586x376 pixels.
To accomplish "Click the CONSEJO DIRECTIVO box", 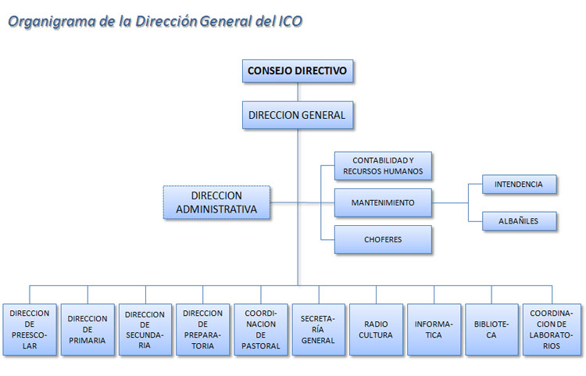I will [x=297, y=71].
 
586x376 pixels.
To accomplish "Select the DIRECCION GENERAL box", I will [x=297, y=115].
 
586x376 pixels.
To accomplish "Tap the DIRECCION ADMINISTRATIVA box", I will [x=216, y=202].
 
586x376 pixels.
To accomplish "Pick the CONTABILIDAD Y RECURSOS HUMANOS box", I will [x=383, y=165].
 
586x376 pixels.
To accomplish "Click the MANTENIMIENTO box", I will [x=383, y=202].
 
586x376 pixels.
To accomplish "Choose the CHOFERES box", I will [x=383, y=239].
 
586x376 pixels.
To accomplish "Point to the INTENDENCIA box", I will [x=519, y=184].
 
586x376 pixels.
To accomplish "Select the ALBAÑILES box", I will [x=519, y=221].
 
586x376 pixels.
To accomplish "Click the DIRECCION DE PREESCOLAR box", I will [x=30, y=330].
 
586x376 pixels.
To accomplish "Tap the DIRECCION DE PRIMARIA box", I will [x=88, y=330].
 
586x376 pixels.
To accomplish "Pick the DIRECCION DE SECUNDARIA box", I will [x=145, y=330].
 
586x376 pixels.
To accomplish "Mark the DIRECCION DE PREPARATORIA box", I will [x=203, y=330].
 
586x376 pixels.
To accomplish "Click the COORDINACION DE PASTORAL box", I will [x=261, y=330].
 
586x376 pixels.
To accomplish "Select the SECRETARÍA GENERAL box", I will [x=318, y=330].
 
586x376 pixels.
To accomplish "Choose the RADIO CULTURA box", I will [x=376, y=330].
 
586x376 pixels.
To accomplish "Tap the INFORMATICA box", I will [x=434, y=330].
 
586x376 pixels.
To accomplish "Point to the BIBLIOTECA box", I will [x=491, y=330].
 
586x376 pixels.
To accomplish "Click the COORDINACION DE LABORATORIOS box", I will [x=551, y=330].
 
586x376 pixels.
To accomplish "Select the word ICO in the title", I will [x=289, y=21].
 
